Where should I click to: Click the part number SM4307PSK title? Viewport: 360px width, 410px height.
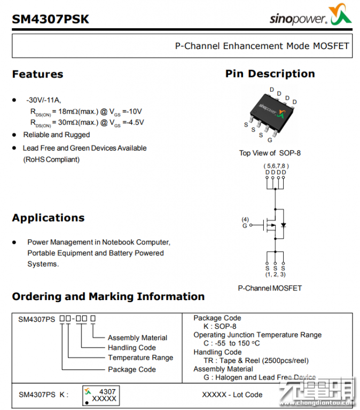coord(51,19)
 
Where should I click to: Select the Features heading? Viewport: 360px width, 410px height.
coord(37,74)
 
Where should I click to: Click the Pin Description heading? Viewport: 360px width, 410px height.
coord(270,74)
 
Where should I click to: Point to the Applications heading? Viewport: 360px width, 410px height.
coord(48,218)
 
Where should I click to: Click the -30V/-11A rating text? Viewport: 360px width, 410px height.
coord(43,100)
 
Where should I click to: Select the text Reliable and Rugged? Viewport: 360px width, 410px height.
coord(56,135)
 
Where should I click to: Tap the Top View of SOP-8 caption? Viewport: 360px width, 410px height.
coord(270,153)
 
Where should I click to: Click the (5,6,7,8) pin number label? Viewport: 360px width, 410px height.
coord(275,166)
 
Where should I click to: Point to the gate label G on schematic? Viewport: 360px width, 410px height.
coord(245,226)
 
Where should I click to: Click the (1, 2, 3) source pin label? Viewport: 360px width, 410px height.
coord(275,274)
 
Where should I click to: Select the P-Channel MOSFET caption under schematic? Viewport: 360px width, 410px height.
coord(270,288)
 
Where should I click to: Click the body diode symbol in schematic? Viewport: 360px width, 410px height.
coord(283,225)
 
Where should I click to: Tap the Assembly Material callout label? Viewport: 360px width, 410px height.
coord(137,338)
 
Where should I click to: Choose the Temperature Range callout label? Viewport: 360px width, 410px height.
coord(140,358)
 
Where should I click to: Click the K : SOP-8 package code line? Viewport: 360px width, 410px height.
coord(220,327)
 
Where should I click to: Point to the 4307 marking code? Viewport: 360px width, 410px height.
coord(107,391)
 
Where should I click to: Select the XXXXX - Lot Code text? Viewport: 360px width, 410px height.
coord(232,395)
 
